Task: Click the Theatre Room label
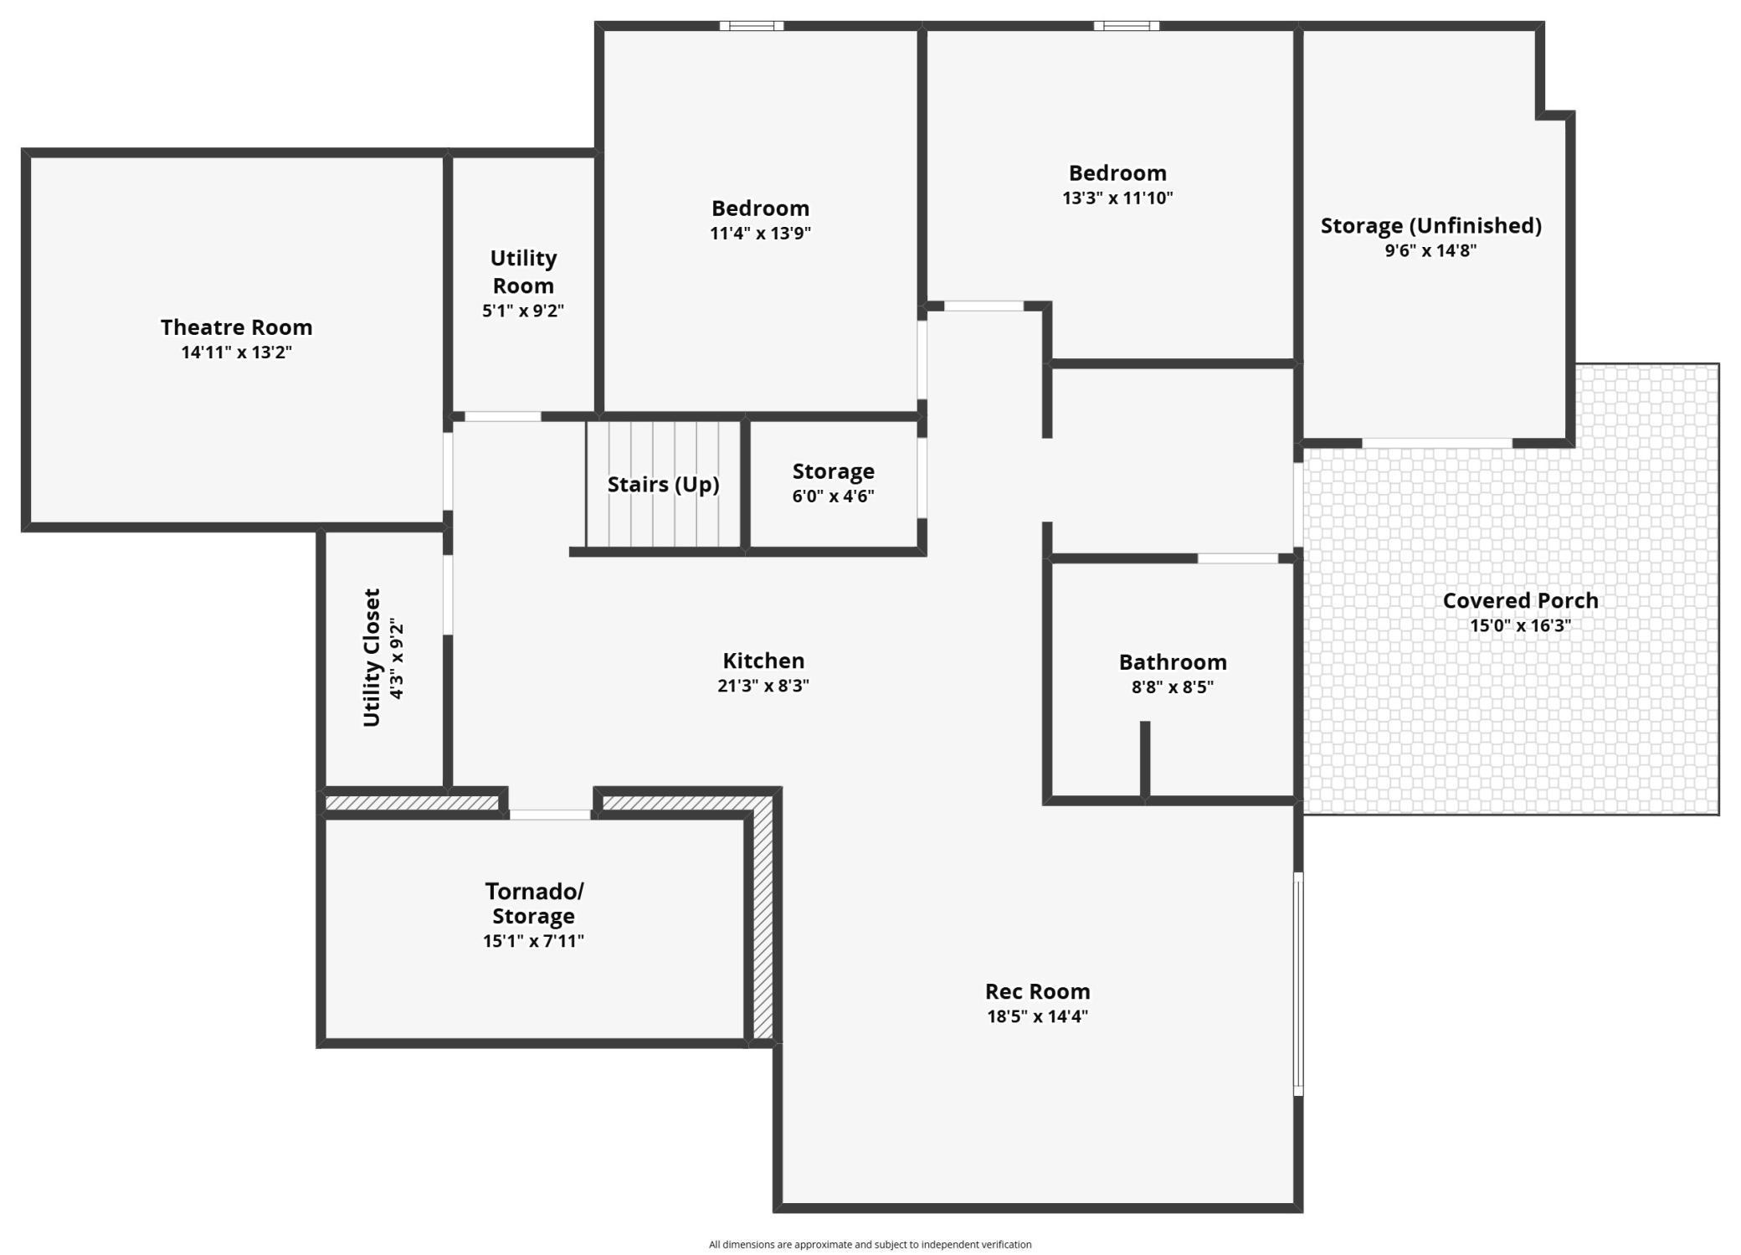tap(236, 327)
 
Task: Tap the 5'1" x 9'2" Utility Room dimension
tap(522, 311)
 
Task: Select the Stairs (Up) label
tap(663, 484)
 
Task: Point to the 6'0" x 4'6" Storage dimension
tap(833, 496)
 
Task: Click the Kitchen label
tap(763, 661)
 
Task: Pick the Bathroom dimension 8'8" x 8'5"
tap(1172, 687)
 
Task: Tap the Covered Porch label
tap(1520, 600)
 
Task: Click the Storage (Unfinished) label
tap(1430, 225)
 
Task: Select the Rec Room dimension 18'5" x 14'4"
tap(1037, 1016)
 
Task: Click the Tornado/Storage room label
tap(533, 903)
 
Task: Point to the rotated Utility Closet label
tap(372, 657)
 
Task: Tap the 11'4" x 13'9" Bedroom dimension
tap(760, 233)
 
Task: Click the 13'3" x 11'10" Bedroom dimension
tap(1117, 198)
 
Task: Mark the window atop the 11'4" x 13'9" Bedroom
tap(752, 26)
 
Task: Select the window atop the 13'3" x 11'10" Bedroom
tap(1126, 26)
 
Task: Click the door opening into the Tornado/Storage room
tap(550, 814)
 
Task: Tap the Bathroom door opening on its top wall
tap(1237, 558)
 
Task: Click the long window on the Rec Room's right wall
tap(1298, 984)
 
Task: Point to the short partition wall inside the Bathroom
tap(1144, 758)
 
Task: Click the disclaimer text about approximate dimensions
tap(870, 1244)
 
